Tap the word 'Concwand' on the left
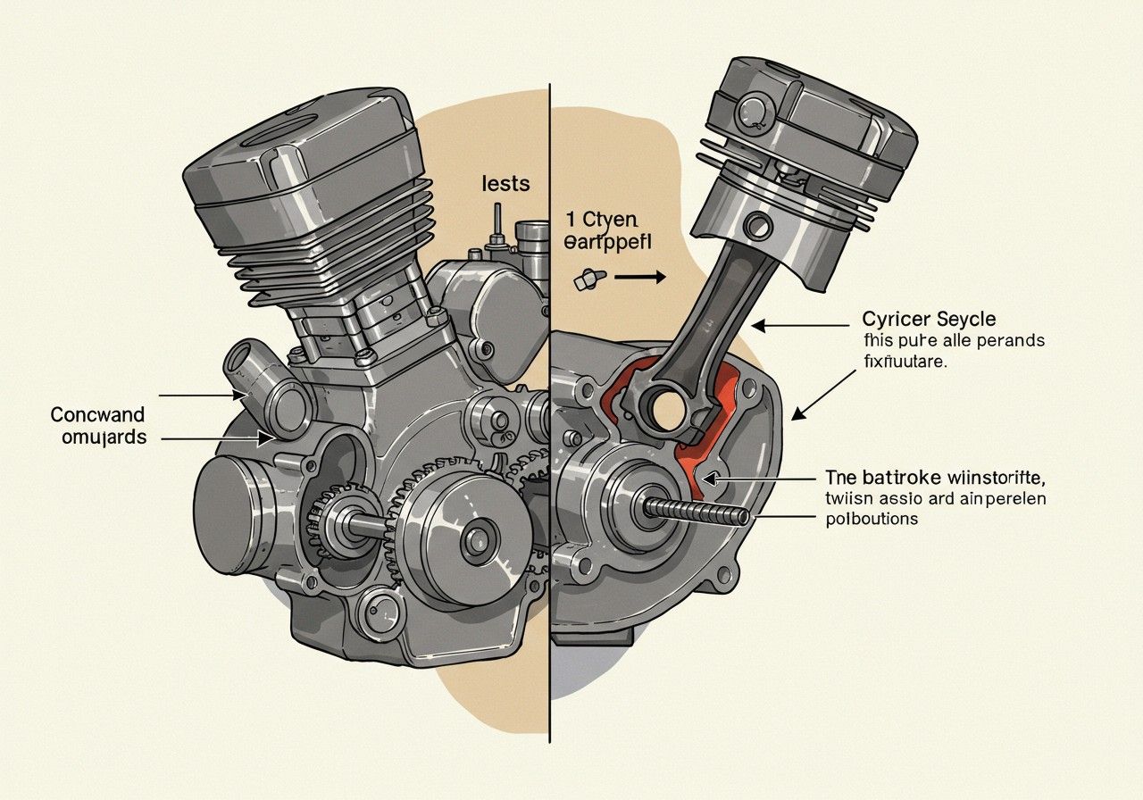(x=97, y=415)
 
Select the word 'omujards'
(x=99, y=437)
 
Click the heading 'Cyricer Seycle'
(x=930, y=319)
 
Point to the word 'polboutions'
(x=872, y=519)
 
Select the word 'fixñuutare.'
(x=907, y=362)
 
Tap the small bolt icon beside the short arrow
(x=586, y=280)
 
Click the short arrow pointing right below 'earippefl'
(x=638, y=278)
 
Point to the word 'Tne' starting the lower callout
(x=842, y=476)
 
